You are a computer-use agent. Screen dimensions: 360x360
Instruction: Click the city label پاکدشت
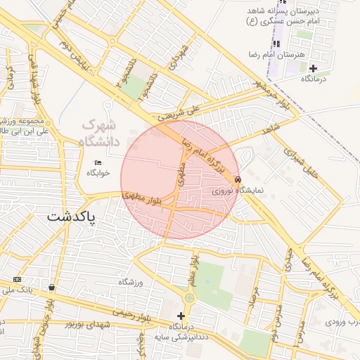pyautogui.click(x=71, y=217)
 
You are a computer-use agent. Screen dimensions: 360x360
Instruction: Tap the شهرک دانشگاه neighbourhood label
pyautogui.click(x=101, y=132)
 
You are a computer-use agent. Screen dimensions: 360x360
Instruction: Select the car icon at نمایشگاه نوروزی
pyautogui.click(x=239, y=179)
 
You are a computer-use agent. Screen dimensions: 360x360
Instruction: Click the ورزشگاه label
pyautogui.click(x=130, y=282)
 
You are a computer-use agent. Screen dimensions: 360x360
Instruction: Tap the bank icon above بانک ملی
pyautogui.click(x=17, y=280)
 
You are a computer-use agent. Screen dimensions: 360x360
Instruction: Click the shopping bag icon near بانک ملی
pyautogui.click(x=53, y=287)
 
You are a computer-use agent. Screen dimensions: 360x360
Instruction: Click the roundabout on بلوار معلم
pyautogui.click(x=190, y=298)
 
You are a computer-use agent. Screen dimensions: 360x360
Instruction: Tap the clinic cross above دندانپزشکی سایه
pyautogui.click(x=182, y=316)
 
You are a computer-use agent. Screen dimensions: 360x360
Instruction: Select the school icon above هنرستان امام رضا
pyautogui.click(x=276, y=44)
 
